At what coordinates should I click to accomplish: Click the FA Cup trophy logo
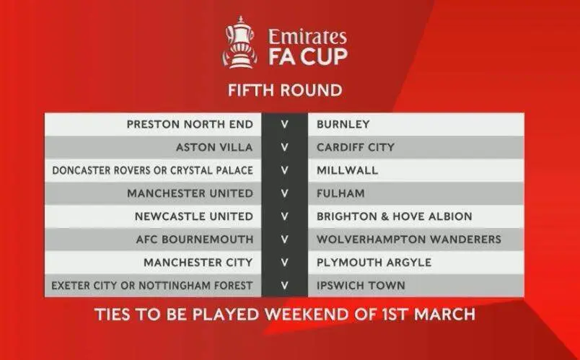click(x=240, y=42)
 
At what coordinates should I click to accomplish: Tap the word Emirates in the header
click(x=307, y=37)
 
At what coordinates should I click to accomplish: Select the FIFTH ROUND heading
click(x=285, y=90)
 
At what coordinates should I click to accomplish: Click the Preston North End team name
click(x=190, y=124)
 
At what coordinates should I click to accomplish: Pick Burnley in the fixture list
click(x=343, y=124)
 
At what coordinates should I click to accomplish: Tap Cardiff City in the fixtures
click(x=356, y=147)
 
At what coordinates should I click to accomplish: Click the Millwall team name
click(x=347, y=170)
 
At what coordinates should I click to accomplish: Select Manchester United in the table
click(x=190, y=193)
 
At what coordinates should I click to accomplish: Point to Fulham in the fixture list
click(x=340, y=193)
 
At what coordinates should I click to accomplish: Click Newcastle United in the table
click(x=194, y=216)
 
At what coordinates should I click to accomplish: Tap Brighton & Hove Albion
click(x=395, y=216)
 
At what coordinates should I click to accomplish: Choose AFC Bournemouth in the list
click(x=195, y=240)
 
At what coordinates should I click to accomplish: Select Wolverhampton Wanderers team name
click(x=409, y=240)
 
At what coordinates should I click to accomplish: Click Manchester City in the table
click(x=198, y=263)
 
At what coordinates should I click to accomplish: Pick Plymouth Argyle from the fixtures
click(x=374, y=263)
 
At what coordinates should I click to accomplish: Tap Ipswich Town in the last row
click(x=361, y=286)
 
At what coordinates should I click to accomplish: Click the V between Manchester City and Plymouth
click(x=284, y=263)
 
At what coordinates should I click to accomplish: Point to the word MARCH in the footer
click(x=444, y=315)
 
